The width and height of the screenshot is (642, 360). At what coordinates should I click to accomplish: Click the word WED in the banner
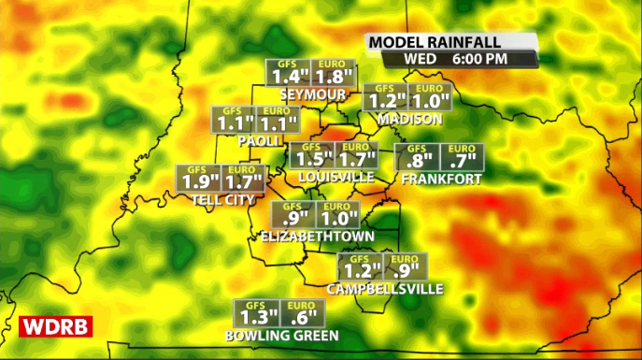coord(420,58)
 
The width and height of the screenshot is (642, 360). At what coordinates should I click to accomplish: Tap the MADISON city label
coord(409,120)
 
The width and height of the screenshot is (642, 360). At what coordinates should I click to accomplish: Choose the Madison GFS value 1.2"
coord(386,101)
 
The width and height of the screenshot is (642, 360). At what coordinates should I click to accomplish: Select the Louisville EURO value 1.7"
coord(355,160)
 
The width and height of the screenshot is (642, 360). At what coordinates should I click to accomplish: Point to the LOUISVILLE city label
coord(335,177)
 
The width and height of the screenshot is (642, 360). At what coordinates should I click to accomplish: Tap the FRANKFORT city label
coord(441,179)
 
